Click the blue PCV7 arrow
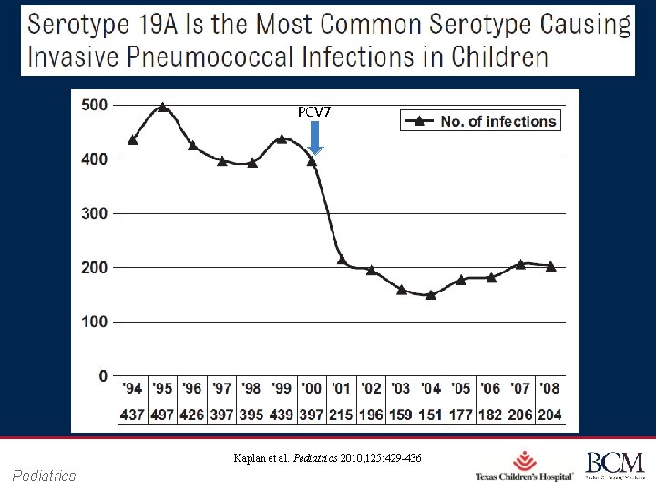point(314,138)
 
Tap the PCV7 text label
point(314,111)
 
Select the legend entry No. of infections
point(480,120)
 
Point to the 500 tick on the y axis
point(94,105)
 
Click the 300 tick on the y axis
point(94,213)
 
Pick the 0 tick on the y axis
point(102,376)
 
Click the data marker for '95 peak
point(162,107)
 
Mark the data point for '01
point(342,260)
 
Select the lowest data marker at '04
point(431,294)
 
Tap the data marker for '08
point(550,266)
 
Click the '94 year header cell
point(132,389)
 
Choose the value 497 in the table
point(162,415)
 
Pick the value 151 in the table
point(431,415)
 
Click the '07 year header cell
point(520,389)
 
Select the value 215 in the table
point(342,415)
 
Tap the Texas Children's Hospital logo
point(524,466)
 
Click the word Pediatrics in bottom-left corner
point(45,476)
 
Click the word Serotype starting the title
point(87,24)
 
